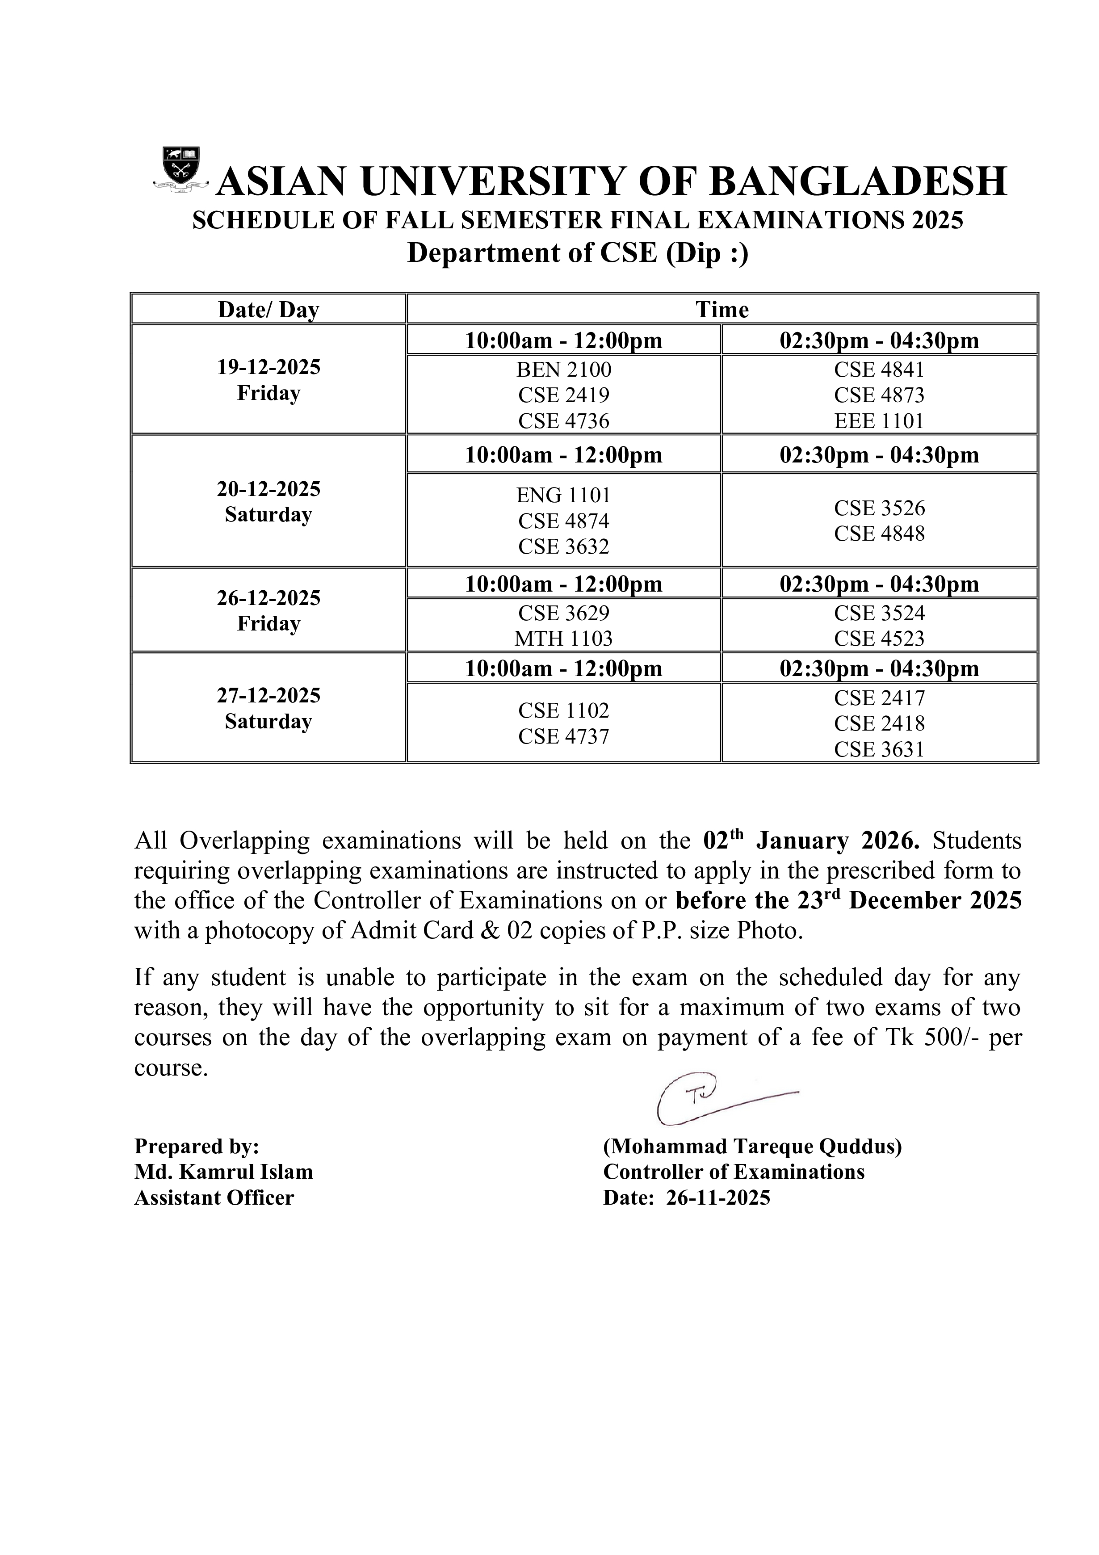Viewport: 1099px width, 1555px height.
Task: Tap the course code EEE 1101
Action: tap(879, 421)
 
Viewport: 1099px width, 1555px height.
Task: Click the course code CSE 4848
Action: tap(879, 534)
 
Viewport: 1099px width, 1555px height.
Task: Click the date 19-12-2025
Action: tap(269, 368)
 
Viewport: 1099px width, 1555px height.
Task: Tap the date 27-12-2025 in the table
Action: tap(269, 696)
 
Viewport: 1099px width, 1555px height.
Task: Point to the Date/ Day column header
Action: tap(269, 310)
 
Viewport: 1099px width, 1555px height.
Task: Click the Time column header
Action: tap(722, 310)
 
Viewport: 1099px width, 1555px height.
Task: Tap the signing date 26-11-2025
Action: tap(718, 1198)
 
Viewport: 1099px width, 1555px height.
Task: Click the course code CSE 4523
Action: tap(879, 639)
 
